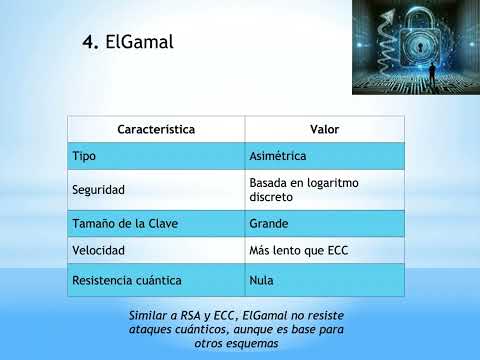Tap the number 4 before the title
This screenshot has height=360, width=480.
tap(87, 42)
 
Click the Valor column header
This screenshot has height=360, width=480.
tap(325, 130)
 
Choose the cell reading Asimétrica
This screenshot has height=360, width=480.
tap(277, 157)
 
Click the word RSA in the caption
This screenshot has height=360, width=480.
tap(194, 315)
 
